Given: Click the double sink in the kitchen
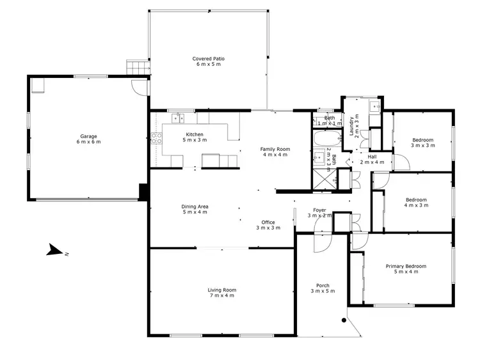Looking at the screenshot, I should click(179, 117).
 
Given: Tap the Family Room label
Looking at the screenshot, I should click(274, 152).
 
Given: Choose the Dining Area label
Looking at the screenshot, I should click(195, 210).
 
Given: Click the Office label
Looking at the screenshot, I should click(268, 225).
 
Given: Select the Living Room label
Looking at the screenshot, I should click(221, 292).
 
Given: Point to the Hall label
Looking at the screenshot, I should click(372, 159).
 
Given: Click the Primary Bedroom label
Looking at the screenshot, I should click(406, 269).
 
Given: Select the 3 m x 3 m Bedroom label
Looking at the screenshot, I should click(422, 143).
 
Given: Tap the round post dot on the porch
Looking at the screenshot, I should click(344, 320).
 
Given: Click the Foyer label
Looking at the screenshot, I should click(319, 213).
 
